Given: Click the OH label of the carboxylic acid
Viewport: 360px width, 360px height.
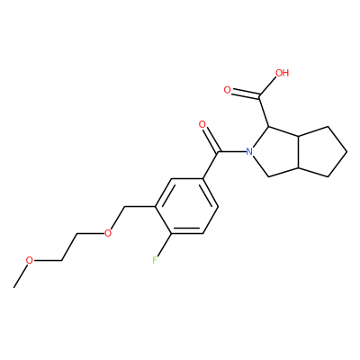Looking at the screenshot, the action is [282, 73].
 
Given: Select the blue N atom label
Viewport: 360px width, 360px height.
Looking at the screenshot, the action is [249, 151].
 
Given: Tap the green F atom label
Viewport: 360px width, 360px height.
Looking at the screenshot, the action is [155, 260].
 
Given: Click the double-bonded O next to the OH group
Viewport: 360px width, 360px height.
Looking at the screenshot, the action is [228, 90].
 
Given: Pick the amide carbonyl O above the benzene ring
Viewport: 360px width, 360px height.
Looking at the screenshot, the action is [202, 124].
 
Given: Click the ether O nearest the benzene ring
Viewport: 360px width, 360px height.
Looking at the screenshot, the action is [108, 233].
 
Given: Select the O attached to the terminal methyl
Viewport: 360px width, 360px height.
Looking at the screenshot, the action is [30, 260].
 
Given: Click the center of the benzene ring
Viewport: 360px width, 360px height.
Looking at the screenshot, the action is [186, 206].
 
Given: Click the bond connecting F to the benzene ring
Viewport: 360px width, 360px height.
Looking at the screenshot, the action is [163, 245].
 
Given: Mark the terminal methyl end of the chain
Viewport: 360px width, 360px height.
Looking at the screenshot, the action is [13, 287].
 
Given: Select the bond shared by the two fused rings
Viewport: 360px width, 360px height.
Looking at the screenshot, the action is [298, 151].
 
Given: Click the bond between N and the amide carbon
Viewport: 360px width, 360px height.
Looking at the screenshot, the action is [232, 151].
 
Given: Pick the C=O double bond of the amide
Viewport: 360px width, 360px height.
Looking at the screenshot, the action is [211, 139].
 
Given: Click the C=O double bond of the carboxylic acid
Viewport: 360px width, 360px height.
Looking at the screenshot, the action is [246, 94].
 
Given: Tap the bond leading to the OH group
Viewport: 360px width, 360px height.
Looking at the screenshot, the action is [268, 88].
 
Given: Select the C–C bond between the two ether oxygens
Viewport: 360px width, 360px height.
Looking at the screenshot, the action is [69, 247].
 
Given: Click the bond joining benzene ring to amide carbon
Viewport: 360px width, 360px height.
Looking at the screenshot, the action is [210, 165].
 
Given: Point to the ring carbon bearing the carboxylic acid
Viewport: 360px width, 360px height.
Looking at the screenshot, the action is [269, 127].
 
